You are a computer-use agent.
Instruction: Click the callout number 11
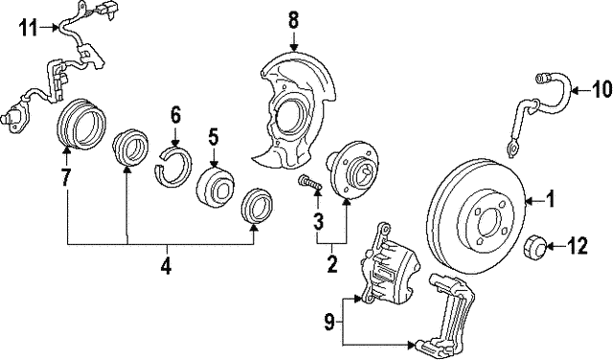coord(29,28)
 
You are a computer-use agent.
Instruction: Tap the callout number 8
coord(294,20)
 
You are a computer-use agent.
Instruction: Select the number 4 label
coord(166,266)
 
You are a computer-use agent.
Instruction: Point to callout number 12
coord(578,246)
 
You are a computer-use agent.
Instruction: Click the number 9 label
coord(329,322)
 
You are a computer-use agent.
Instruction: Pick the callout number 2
coord(331,264)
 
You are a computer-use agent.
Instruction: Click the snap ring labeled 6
coord(174,168)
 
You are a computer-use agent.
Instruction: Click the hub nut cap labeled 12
coord(535,247)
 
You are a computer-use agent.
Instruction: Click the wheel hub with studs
coord(353,171)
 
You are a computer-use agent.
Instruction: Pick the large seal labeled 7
coord(80,125)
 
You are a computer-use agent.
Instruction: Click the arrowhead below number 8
coord(294,48)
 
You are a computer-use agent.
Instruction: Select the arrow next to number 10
coord(579,91)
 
